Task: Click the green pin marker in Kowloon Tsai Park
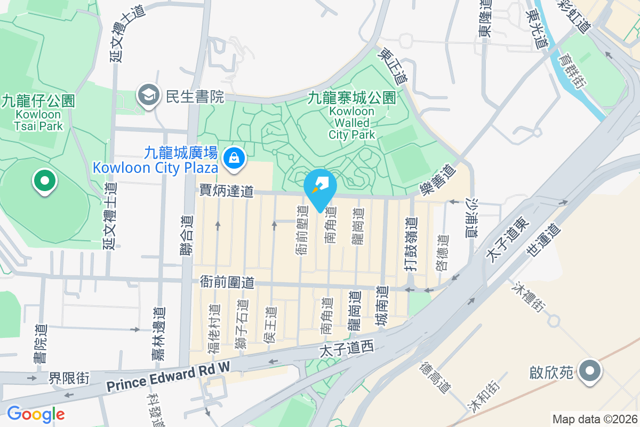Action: point(45,181)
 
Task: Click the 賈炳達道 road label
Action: point(226,191)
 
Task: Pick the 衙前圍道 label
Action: point(227,281)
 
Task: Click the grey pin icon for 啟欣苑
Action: point(589,371)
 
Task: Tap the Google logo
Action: point(36,414)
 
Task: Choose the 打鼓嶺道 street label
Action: point(410,244)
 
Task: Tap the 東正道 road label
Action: point(393,67)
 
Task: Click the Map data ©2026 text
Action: point(595,419)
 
